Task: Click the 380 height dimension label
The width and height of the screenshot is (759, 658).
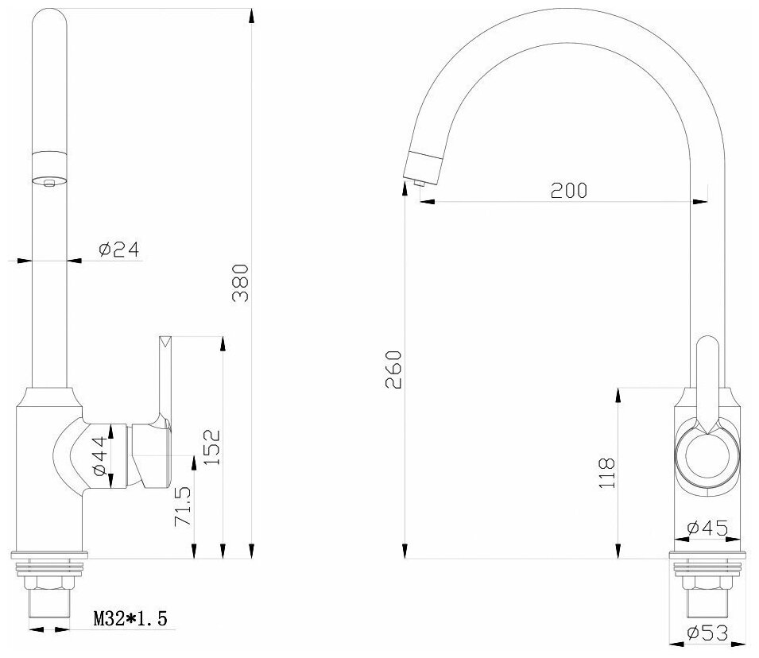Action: point(241,283)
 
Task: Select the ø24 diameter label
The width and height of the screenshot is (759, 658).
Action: point(118,250)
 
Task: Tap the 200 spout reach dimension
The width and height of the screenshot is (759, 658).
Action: point(569,190)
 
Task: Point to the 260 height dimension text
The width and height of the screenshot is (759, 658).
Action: point(393,370)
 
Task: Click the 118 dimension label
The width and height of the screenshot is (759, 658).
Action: point(606,473)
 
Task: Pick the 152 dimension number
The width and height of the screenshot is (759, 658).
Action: point(211,447)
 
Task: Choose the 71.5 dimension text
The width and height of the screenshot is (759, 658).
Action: point(183,506)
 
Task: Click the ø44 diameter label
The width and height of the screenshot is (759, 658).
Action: point(99,455)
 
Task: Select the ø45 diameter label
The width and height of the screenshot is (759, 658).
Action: point(707,527)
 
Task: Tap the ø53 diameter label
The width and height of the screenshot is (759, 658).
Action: point(707,633)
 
